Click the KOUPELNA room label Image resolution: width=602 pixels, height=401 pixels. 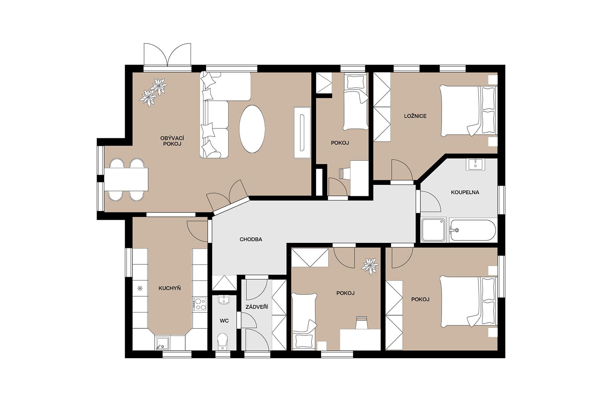pyautogui.click(x=465, y=192)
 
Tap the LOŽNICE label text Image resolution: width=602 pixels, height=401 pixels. pyautogui.click(x=415, y=116)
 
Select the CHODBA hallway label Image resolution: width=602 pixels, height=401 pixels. pyautogui.click(x=251, y=239)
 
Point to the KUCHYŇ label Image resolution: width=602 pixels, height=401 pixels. pyautogui.click(x=170, y=288)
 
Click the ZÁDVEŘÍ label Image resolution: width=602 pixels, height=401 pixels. pyautogui.click(x=257, y=307)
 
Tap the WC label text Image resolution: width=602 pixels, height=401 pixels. pyautogui.click(x=224, y=321)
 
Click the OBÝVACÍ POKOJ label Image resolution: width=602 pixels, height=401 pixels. pyautogui.click(x=172, y=141)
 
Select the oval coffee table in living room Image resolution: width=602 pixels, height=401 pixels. pyautogui.click(x=252, y=129)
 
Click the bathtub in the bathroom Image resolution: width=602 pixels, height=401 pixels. pyautogui.click(x=473, y=230)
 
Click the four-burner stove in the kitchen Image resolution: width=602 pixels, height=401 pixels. pyautogui.click(x=200, y=304)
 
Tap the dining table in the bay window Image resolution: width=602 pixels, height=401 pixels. pyautogui.click(x=126, y=179)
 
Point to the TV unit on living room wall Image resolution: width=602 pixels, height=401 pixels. pyautogui.click(x=302, y=132)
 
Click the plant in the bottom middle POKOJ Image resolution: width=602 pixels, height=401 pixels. pyautogui.click(x=370, y=266)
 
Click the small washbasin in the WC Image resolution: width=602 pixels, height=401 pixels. pyautogui.click(x=224, y=299)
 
